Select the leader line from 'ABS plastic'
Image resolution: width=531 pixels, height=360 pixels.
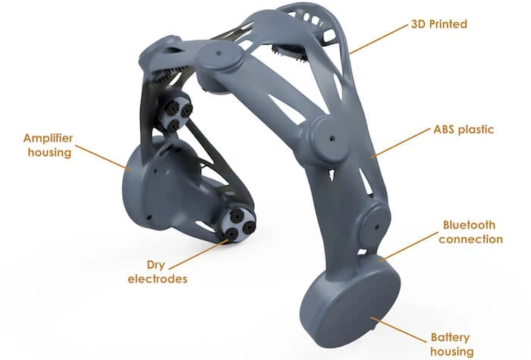tap(402, 142)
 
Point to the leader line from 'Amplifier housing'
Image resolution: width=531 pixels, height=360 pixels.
tap(106, 158)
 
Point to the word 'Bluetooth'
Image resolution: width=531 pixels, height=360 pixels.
tap(470, 225)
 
